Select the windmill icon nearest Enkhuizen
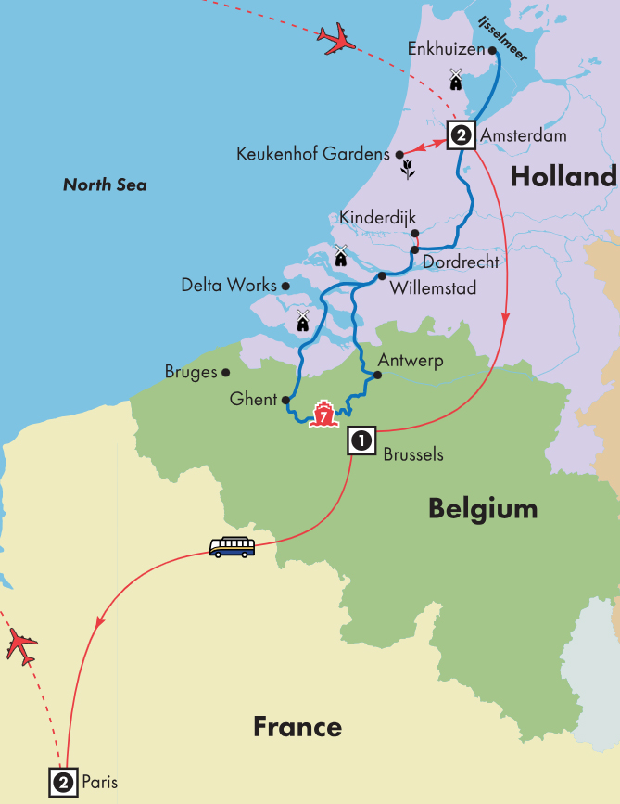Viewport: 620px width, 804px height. [x=455, y=80]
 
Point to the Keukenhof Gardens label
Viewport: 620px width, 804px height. [x=313, y=154]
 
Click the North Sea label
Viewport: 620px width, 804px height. [x=105, y=185]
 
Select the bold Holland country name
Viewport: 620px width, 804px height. [x=563, y=176]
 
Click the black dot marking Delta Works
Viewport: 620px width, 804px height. [x=286, y=287]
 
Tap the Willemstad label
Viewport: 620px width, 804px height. [x=434, y=288]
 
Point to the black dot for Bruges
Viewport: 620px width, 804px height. [x=226, y=373]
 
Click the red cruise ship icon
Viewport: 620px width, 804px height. [x=323, y=415]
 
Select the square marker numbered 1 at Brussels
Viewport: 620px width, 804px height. [x=361, y=441]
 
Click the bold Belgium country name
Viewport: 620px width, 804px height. [x=482, y=508]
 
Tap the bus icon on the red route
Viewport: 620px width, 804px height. [x=232, y=547]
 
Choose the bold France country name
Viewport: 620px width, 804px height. [x=297, y=727]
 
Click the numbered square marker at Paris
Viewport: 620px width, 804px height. [x=62, y=783]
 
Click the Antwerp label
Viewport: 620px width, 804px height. [x=411, y=361]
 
